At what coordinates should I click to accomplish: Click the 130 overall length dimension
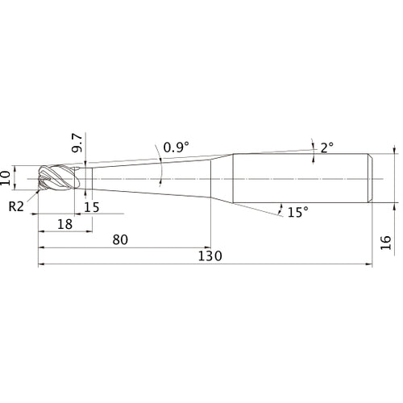[210, 256]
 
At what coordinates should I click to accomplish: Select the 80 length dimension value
[120, 239]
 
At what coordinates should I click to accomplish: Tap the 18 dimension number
[64, 224]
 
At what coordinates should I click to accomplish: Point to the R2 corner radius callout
[16, 206]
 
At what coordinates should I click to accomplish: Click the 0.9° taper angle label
[177, 147]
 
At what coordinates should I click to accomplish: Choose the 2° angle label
[327, 147]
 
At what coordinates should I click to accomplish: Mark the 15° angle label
[298, 212]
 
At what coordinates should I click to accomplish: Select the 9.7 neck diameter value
[77, 143]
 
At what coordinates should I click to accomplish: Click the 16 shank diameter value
[385, 243]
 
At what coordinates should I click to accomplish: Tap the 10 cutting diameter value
[6, 177]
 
